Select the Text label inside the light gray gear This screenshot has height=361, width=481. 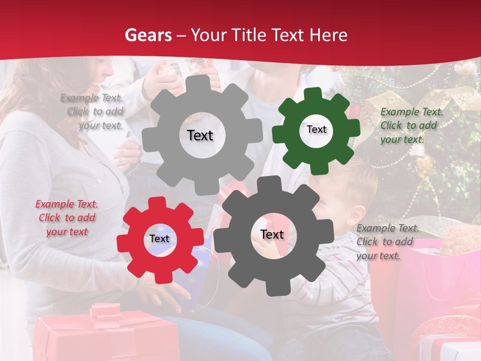click(x=200, y=135)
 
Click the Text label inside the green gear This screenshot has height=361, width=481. click(x=316, y=129)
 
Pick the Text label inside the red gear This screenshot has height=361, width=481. click(x=159, y=239)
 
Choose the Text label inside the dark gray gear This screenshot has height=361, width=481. click(x=272, y=235)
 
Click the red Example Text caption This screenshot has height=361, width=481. click(x=67, y=218)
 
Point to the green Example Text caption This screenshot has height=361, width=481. click(x=411, y=125)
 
